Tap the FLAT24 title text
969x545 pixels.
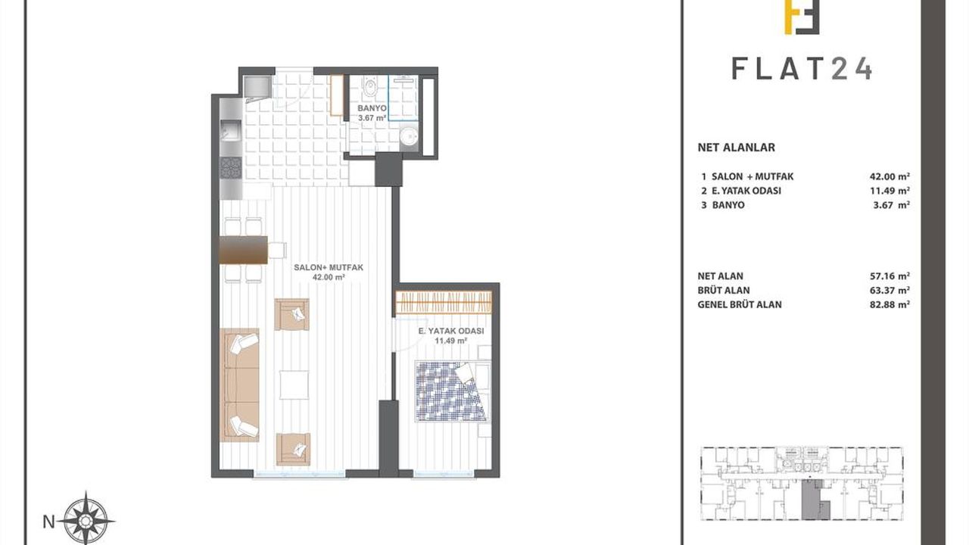(x=802, y=70)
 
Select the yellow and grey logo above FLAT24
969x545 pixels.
(x=802, y=17)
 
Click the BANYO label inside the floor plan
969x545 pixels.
(x=372, y=108)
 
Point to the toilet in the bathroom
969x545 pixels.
(x=370, y=86)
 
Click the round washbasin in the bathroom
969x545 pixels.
(x=409, y=137)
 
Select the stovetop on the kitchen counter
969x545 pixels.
(x=231, y=168)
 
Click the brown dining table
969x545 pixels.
(x=244, y=250)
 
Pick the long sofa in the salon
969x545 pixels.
(x=239, y=385)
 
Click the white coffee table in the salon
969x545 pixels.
(x=294, y=385)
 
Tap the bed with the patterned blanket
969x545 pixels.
(x=453, y=391)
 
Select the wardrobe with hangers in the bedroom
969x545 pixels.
(x=444, y=302)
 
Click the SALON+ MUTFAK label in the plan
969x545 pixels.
(x=329, y=268)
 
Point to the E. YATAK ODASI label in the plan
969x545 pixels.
(x=451, y=332)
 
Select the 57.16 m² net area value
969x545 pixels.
(x=890, y=276)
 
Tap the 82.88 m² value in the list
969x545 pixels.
(x=890, y=304)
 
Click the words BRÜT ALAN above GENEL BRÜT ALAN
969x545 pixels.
(x=724, y=290)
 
